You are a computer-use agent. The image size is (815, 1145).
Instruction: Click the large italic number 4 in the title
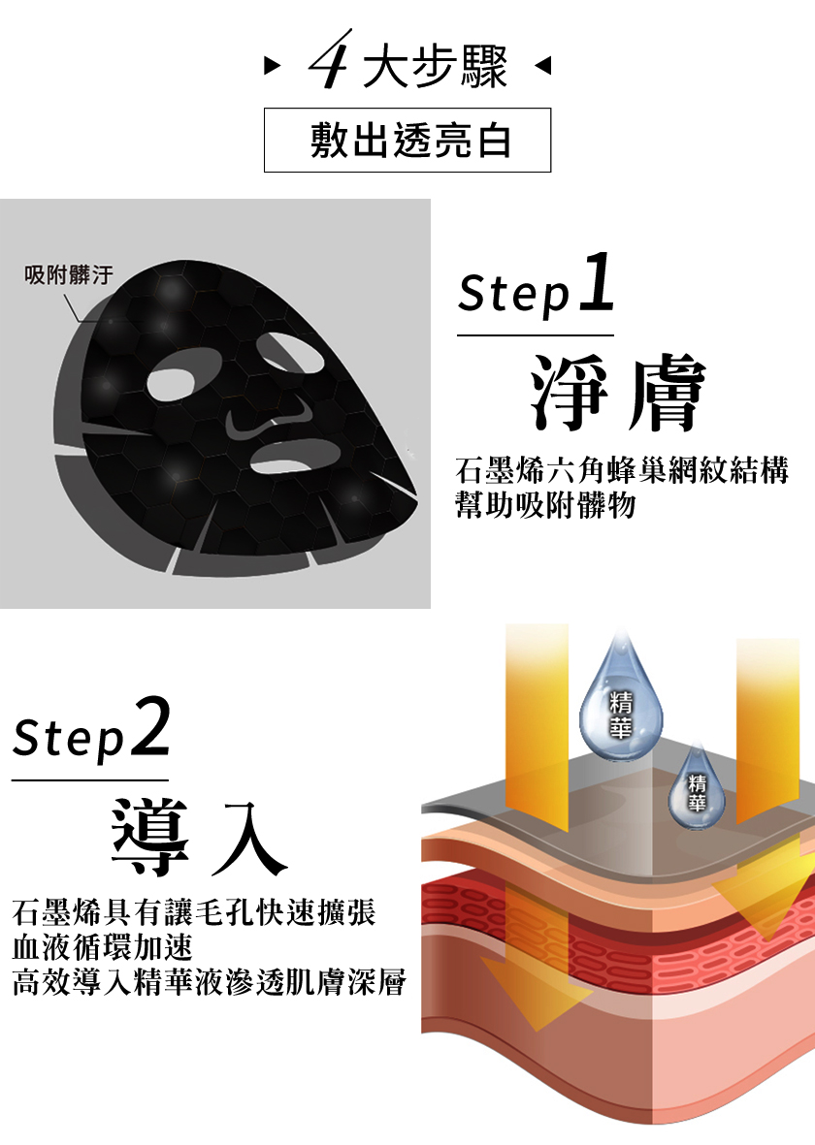point(331,60)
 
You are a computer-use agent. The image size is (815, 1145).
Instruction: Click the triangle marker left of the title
point(272,67)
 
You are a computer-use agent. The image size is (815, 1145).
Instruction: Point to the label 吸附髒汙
point(69,275)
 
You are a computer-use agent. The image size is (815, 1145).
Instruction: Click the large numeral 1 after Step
point(597,282)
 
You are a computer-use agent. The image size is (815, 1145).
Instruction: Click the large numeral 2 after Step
point(152,726)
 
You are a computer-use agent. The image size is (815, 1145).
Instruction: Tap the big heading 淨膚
point(618,393)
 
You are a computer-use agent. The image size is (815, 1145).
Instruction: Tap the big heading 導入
point(200,837)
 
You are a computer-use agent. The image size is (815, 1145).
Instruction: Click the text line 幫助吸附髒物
point(545,505)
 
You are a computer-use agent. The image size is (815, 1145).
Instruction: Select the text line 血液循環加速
point(102,947)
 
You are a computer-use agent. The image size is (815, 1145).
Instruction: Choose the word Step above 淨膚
point(514,294)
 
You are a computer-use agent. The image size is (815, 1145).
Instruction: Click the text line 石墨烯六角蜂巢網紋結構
point(622,470)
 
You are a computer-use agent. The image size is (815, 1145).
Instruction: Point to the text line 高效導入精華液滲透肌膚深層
point(209,982)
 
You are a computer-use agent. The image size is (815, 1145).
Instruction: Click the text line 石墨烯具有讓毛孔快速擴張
point(194,912)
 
